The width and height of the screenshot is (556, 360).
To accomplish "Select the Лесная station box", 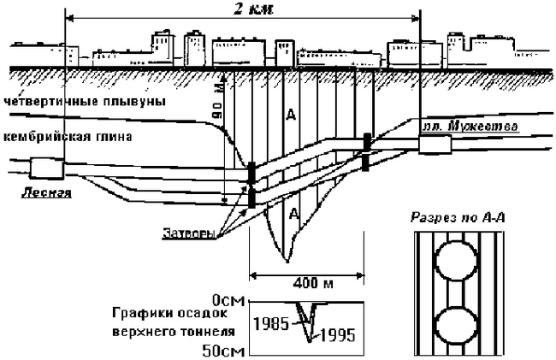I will point(39,168).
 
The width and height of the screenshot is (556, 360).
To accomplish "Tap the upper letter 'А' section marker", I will point(294,114).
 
